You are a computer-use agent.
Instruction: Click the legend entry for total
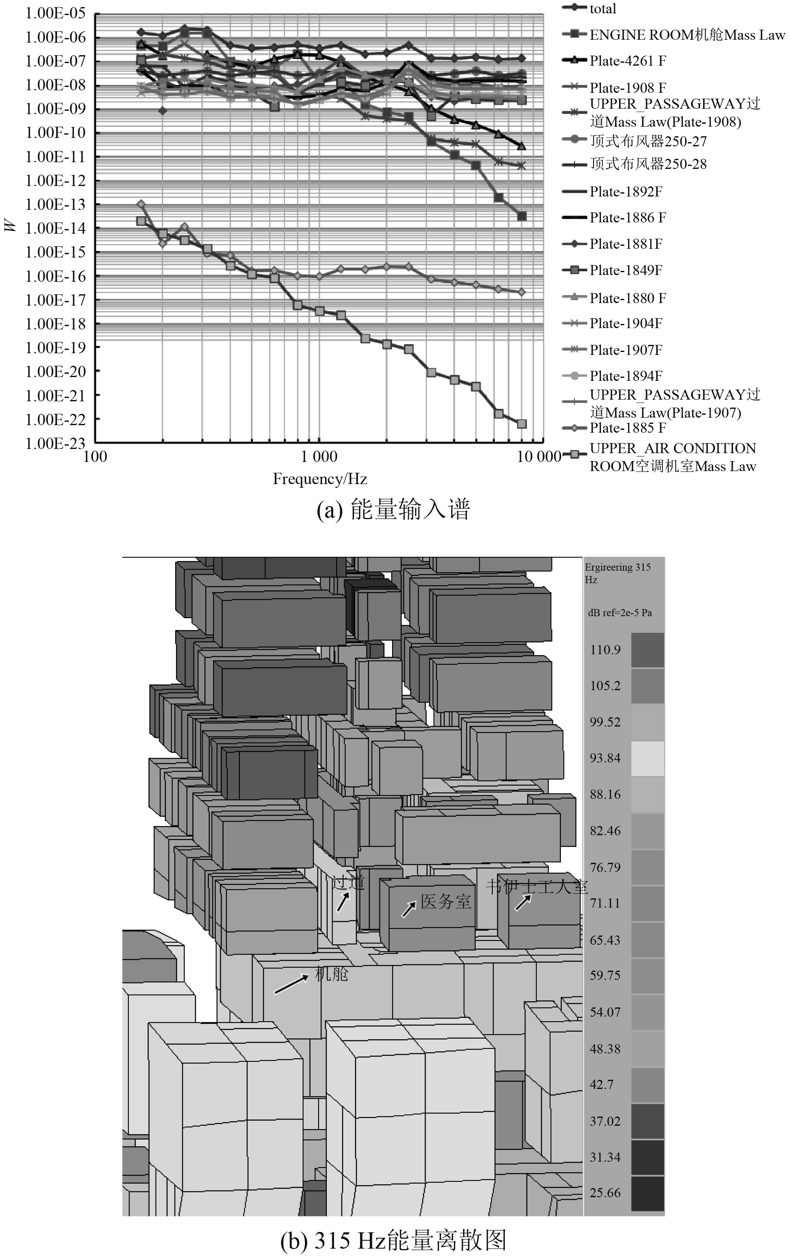602,9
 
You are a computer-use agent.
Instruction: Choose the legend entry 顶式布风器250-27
647,141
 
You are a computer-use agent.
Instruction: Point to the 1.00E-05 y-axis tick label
55,13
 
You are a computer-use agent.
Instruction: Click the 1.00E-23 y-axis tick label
55,443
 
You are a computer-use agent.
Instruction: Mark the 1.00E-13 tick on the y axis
55,205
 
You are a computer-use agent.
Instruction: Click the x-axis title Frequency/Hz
320,479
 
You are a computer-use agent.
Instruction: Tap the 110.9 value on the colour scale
605,650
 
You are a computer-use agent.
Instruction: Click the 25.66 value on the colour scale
605,1193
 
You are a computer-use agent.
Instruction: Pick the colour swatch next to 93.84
647,758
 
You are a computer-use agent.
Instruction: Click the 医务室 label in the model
446,902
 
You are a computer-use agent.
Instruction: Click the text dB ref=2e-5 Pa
620,613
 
